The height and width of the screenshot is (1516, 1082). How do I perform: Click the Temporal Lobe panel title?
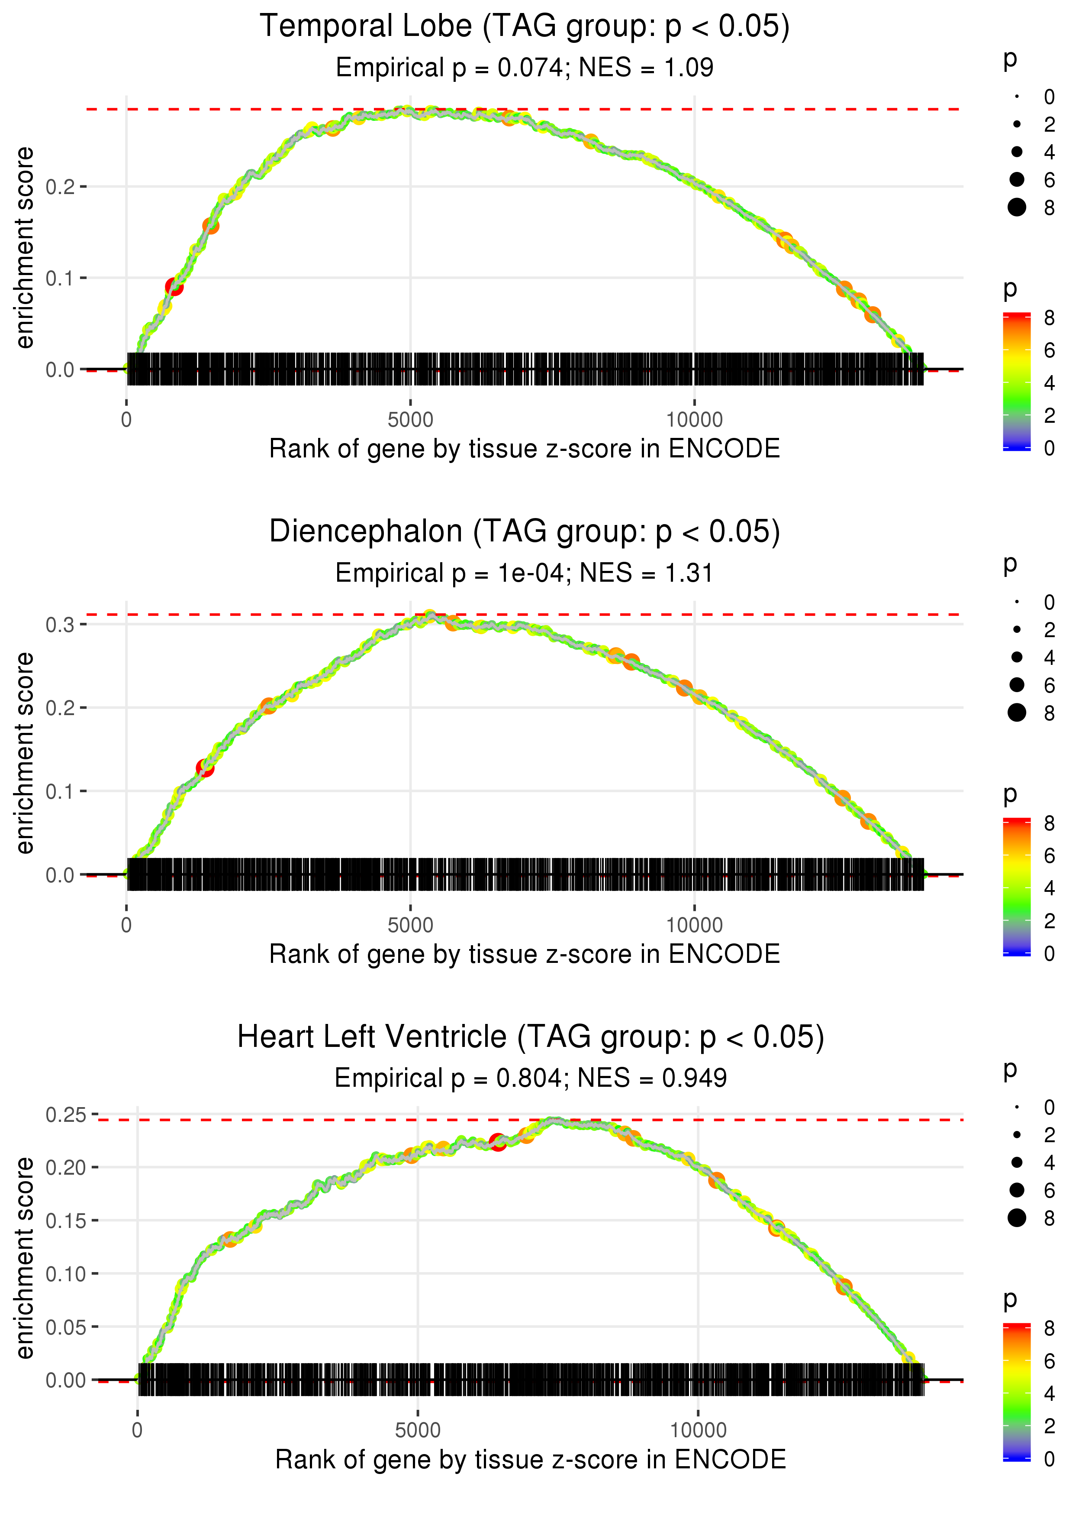pos(525,27)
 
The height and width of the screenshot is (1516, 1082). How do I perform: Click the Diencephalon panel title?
pos(525,532)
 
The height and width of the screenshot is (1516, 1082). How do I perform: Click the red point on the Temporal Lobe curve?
pos(174,287)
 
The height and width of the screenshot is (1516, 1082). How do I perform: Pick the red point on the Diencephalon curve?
pos(205,768)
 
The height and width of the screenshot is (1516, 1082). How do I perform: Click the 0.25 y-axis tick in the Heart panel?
pos(66,1114)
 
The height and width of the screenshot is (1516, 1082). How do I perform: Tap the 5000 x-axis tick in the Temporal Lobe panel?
pos(410,420)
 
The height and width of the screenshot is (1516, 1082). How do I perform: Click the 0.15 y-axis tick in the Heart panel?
pos(66,1221)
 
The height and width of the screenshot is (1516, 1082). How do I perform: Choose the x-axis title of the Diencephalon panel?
pos(525,954)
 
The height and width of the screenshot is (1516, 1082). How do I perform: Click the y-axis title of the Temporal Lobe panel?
pos(25,248)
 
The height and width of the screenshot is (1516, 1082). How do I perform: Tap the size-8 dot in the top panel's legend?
pos(1017,207)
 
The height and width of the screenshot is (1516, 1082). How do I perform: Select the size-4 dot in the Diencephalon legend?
pos(1017,658)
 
